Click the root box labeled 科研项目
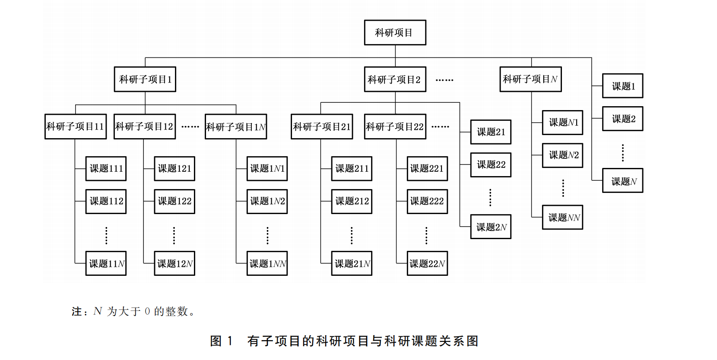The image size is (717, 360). (395, 32)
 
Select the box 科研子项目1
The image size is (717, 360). (145, 79)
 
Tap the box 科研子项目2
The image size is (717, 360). (395, 79)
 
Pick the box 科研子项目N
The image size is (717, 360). (530, 79)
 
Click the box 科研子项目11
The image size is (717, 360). (76, 126)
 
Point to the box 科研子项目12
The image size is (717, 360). (144, 126)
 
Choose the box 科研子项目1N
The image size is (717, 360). (236, 126)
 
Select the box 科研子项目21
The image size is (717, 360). (322, 126)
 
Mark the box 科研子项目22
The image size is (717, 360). (395, 126)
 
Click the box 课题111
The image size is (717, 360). (106, 168)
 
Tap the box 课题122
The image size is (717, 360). (174, 201)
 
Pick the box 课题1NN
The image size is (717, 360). (267, 263)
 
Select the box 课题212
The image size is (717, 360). (352, 201)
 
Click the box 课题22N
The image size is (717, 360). (427, 263)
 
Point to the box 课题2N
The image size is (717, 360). (491, 227)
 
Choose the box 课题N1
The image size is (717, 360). (562, 123)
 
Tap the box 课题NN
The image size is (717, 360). (562, 217)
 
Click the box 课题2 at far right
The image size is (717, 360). (622, 119)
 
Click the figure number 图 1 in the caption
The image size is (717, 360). (221, 341)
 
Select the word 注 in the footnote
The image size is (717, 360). (76, 311)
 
